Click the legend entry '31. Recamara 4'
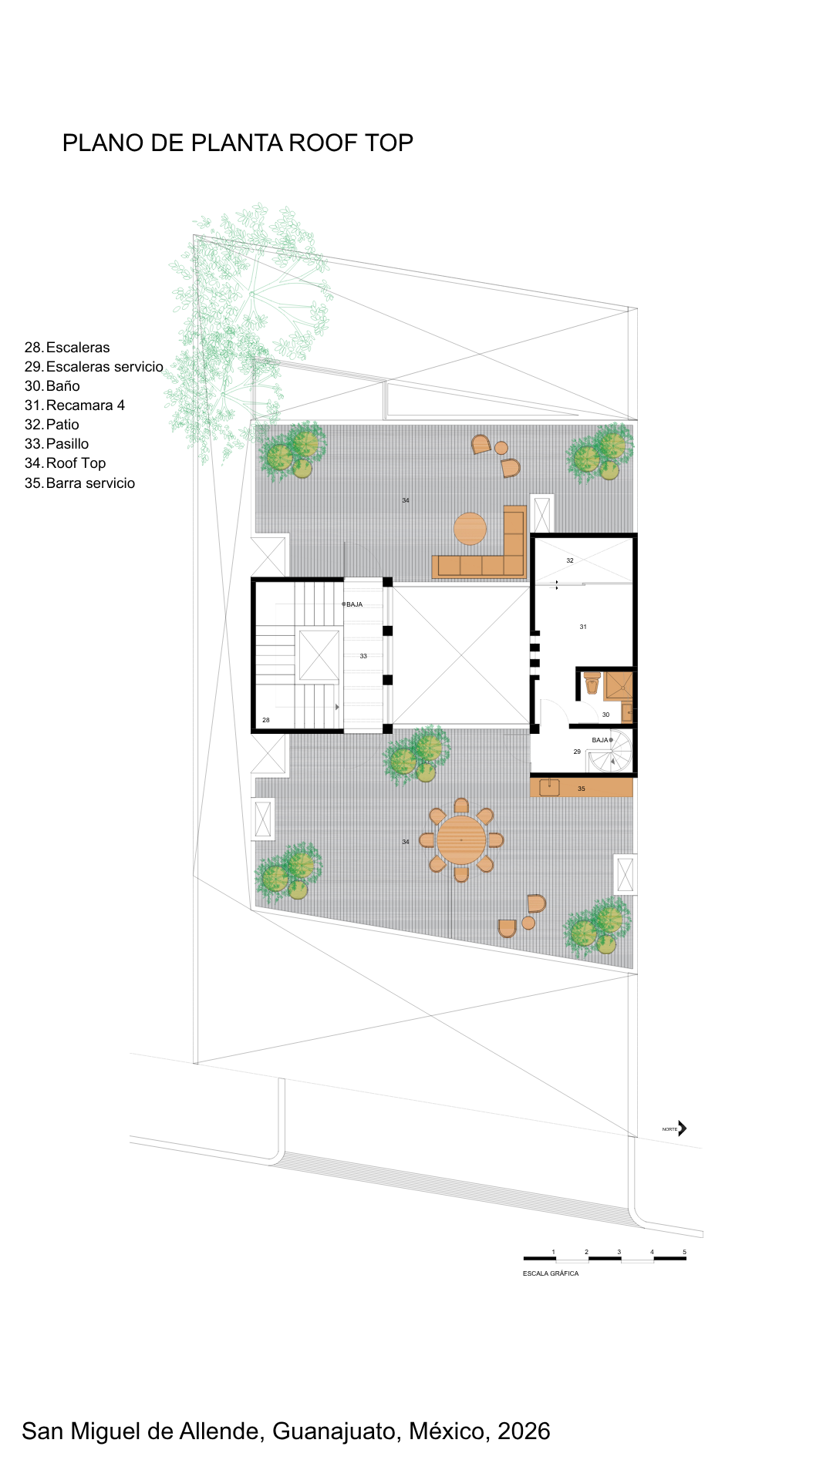tap(74, 405)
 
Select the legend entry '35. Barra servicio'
tap(79, 483)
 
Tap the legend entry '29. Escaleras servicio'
tap(93, 367)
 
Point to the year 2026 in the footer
tap(524, 1431)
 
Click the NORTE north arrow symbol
tap(682, 1128)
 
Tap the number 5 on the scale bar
tap(684, 1252)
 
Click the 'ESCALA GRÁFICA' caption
tap(551, 1273)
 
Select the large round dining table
tap(461, 839)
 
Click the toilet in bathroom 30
tap(592, 682)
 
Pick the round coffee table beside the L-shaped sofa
tap(470, 529)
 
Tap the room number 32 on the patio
tap(570, 560)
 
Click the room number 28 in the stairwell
tap(266, 720)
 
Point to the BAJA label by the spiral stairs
tap(600, 740)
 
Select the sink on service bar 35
tap(549, 787)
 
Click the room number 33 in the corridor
tap(363, 656)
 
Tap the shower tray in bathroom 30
tap(619, 685)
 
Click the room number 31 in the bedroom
tap(583, 627)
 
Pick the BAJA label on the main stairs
tap(354, 604)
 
